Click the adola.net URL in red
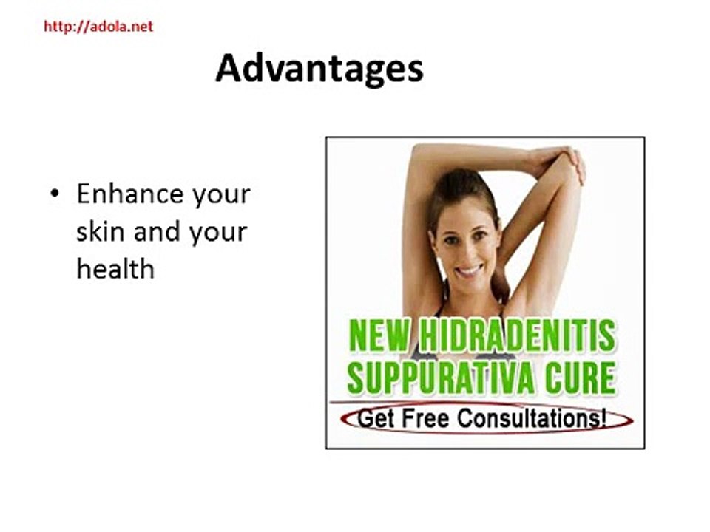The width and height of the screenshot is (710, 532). point(98,27)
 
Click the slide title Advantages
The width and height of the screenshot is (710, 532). point(319,69)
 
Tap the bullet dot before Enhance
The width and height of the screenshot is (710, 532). point(54,194)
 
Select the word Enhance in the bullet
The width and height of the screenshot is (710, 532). point(130,194)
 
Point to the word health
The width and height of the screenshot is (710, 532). point(115,268)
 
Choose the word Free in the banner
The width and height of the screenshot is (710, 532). point(427,419)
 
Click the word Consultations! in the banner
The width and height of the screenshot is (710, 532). point(532,419)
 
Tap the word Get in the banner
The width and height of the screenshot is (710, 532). point(376,419)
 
